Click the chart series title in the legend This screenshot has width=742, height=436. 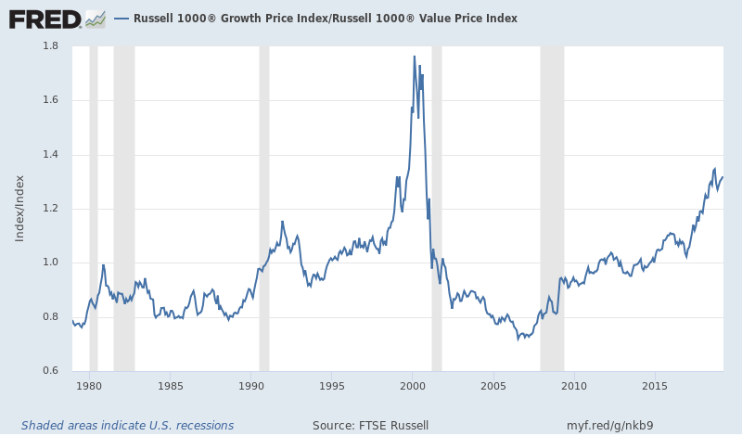[x=325, y=19]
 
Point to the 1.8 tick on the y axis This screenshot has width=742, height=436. [x=52, y=46]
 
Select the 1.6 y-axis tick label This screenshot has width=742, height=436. [x=52, y=100]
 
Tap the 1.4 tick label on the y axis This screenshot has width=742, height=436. [x=52, y=155]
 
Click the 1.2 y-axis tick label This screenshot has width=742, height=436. [x=52, y=209]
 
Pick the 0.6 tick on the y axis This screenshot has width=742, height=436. [x=52, y=371]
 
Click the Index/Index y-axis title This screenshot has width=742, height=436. [x=19, y=209]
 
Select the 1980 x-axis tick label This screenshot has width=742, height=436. [x=89, y=385]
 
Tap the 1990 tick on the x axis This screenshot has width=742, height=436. [x=250, y=385]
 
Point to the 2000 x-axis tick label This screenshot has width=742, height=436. [x=413, y=385]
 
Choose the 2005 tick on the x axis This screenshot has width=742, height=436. [x=493, y=385]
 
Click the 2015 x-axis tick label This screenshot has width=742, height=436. [x=655, y=385]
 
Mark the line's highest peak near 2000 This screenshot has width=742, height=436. [x=415, y=57]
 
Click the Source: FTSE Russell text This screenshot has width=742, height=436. [x=370, y=426]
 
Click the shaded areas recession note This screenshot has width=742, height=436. [x=127, y=426]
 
